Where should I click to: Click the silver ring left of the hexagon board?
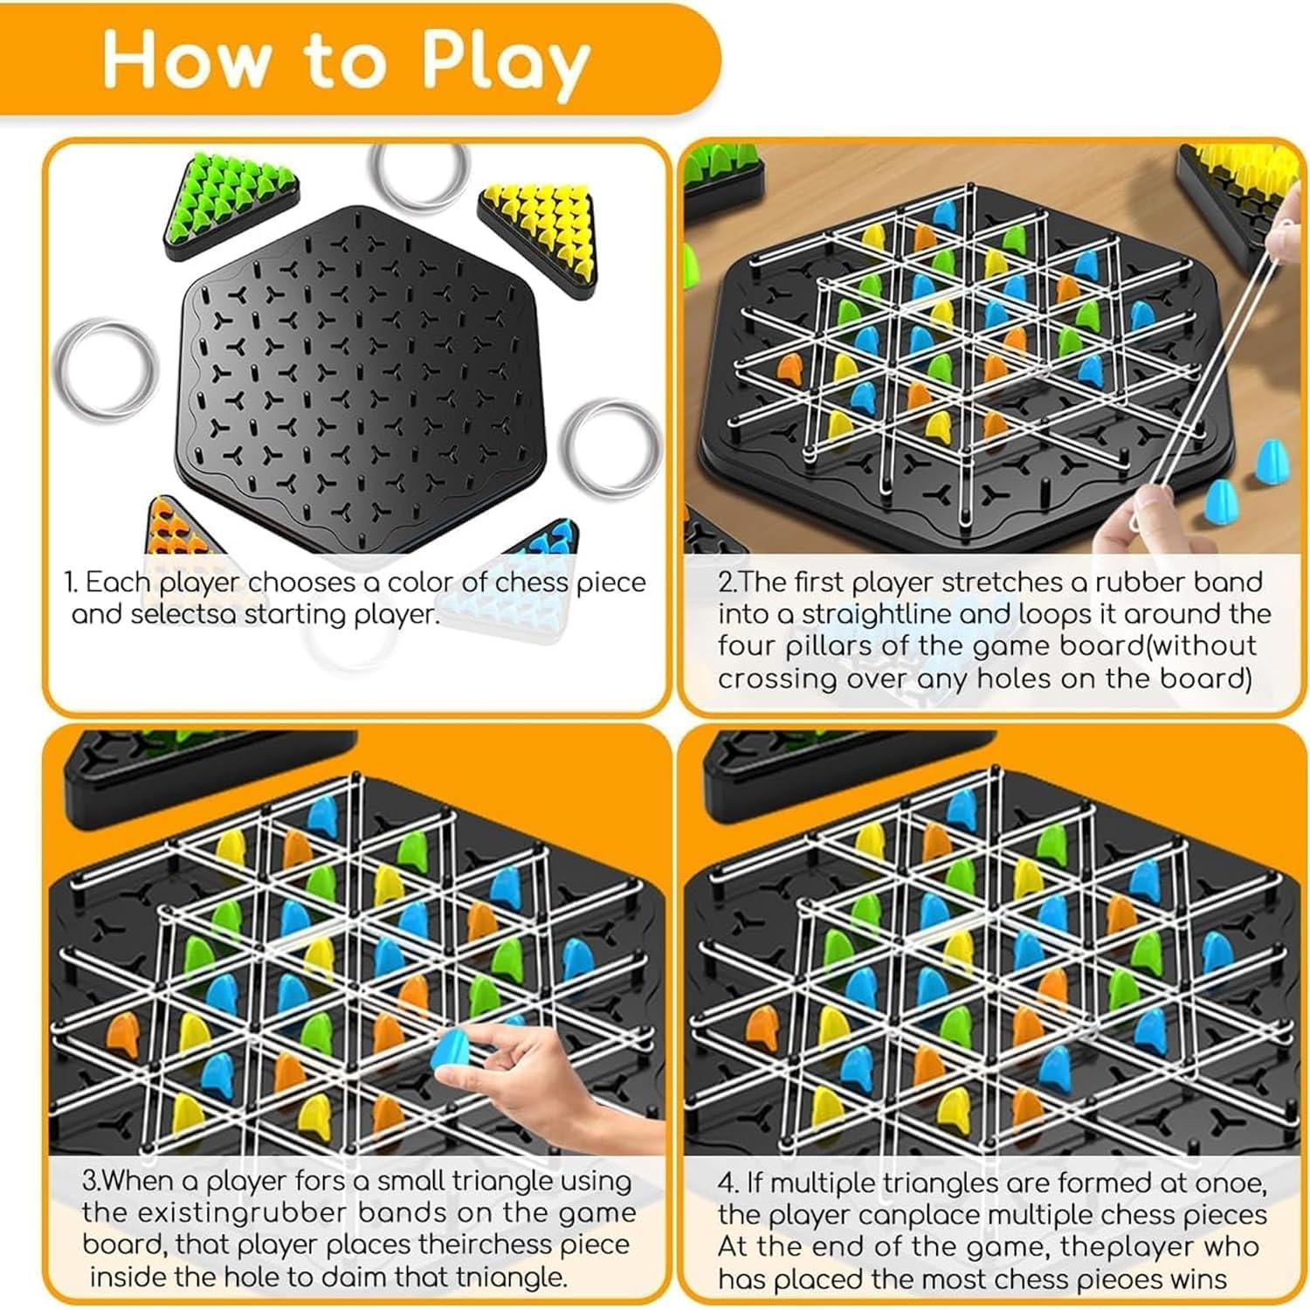106,367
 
